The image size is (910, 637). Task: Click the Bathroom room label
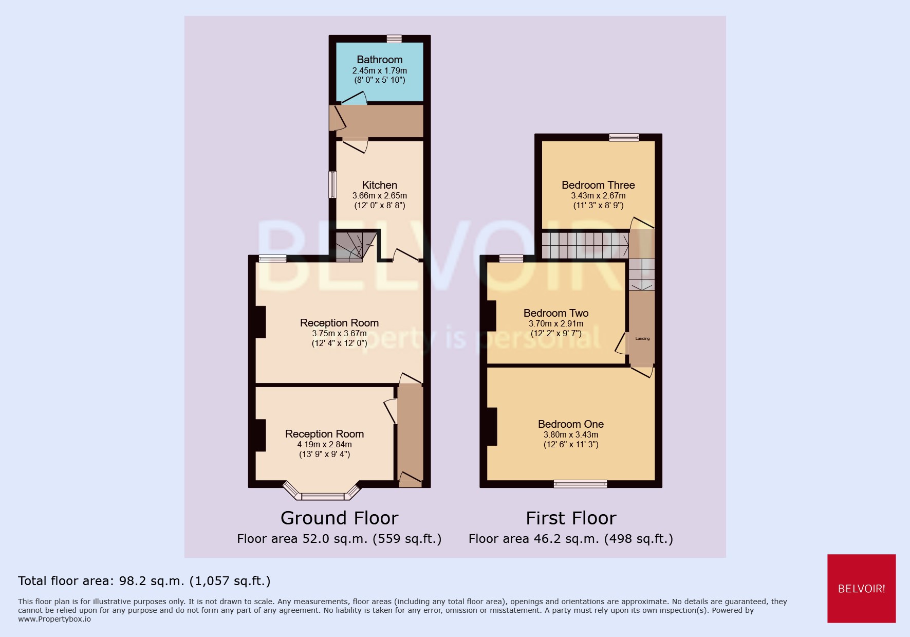click(x=379, y=60)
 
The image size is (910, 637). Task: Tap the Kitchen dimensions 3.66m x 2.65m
click(x=379, y=195)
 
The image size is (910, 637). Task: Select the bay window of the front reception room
click(x=323, y=495)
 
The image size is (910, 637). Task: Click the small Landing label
click(x=642, y=338)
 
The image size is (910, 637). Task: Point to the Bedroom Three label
click(x=598, y=185)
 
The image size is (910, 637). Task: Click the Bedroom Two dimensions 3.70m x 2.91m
click(x=556, y=323)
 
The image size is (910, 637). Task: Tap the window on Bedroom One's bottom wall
click(x=580, y=483)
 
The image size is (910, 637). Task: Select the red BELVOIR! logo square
click(x=861, y=588)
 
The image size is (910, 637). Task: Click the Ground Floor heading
click(x=339, y=518)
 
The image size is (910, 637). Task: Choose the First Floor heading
click(x=571, y=518)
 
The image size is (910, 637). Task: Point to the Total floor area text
click(x=144, y=581)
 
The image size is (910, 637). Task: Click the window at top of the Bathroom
click(x=394, y=39)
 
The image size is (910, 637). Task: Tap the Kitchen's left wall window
click(x=332, y=185)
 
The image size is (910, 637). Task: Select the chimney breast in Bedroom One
click(x=491, y=426)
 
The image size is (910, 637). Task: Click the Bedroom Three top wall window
click(x=624, y=137)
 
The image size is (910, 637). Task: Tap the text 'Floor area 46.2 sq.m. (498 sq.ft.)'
click(x=570, y=539)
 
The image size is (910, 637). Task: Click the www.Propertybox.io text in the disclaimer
click(x=54, y=619)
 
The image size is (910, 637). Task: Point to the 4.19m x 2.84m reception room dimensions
click(x=324, y=444)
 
